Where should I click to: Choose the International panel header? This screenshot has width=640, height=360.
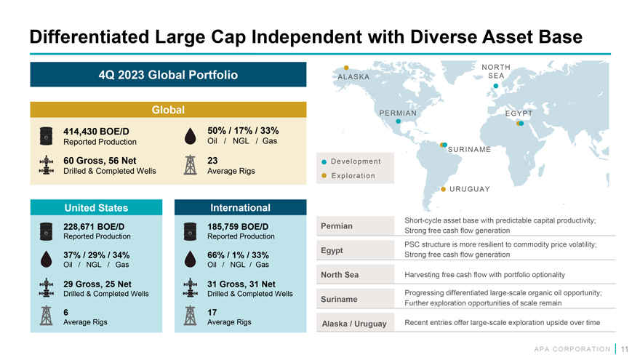click(x=239, y=208)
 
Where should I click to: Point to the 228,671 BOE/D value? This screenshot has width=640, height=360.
click(x=94, y=226)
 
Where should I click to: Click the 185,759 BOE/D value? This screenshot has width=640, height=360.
click(x=238, y=226)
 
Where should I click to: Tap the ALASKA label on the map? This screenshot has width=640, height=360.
click(x=353, y=77)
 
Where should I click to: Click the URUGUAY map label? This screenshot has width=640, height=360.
click(x=469, y=189)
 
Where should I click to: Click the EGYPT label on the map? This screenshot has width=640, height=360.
click(x=519, y=113)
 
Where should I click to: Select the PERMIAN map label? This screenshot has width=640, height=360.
click(x=398, y=113)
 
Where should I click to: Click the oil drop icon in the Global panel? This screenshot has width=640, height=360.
click(x=190, y=136)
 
